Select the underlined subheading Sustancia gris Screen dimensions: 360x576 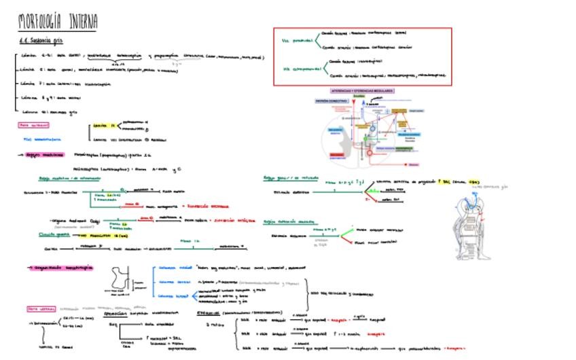click(41, 41)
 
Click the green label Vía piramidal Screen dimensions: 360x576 click(297, 40)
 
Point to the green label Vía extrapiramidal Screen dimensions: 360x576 click(300, 68)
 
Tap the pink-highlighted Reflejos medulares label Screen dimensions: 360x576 click(45, 155)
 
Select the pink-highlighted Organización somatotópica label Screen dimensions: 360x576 click(62, 268)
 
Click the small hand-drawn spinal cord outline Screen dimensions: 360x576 click(120, 280)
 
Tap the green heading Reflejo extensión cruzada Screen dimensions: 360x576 click(289, 221)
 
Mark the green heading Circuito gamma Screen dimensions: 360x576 click(54, 234)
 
